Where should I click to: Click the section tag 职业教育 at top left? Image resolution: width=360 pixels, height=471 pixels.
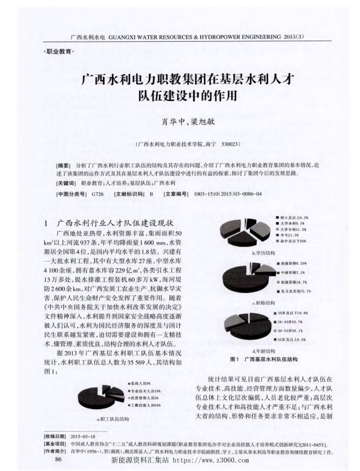pyautogui.click(x=59, y=52)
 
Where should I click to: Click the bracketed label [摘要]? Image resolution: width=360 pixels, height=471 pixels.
pyautogui.click(x=62, y=165)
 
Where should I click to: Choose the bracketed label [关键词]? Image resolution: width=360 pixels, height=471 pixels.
pyautogui.click(x=65, y=183)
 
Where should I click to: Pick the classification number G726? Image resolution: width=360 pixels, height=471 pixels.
pyautogui.click(x=96, y=195)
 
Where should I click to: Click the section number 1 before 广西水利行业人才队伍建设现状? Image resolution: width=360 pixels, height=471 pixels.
pyautogui.click(x=47, y=223)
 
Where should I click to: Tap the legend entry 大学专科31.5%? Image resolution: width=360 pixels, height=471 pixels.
pyautogui.click(x=295, y=229)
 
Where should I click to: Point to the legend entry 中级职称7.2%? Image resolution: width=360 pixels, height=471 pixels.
pyautogui.click(x=296, y=274)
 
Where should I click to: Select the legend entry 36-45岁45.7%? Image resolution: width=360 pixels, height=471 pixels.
pyautogui.click(x=296, y=322)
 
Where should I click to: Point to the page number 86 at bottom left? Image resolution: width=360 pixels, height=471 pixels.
pyautogui.click(x=59, y=459)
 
